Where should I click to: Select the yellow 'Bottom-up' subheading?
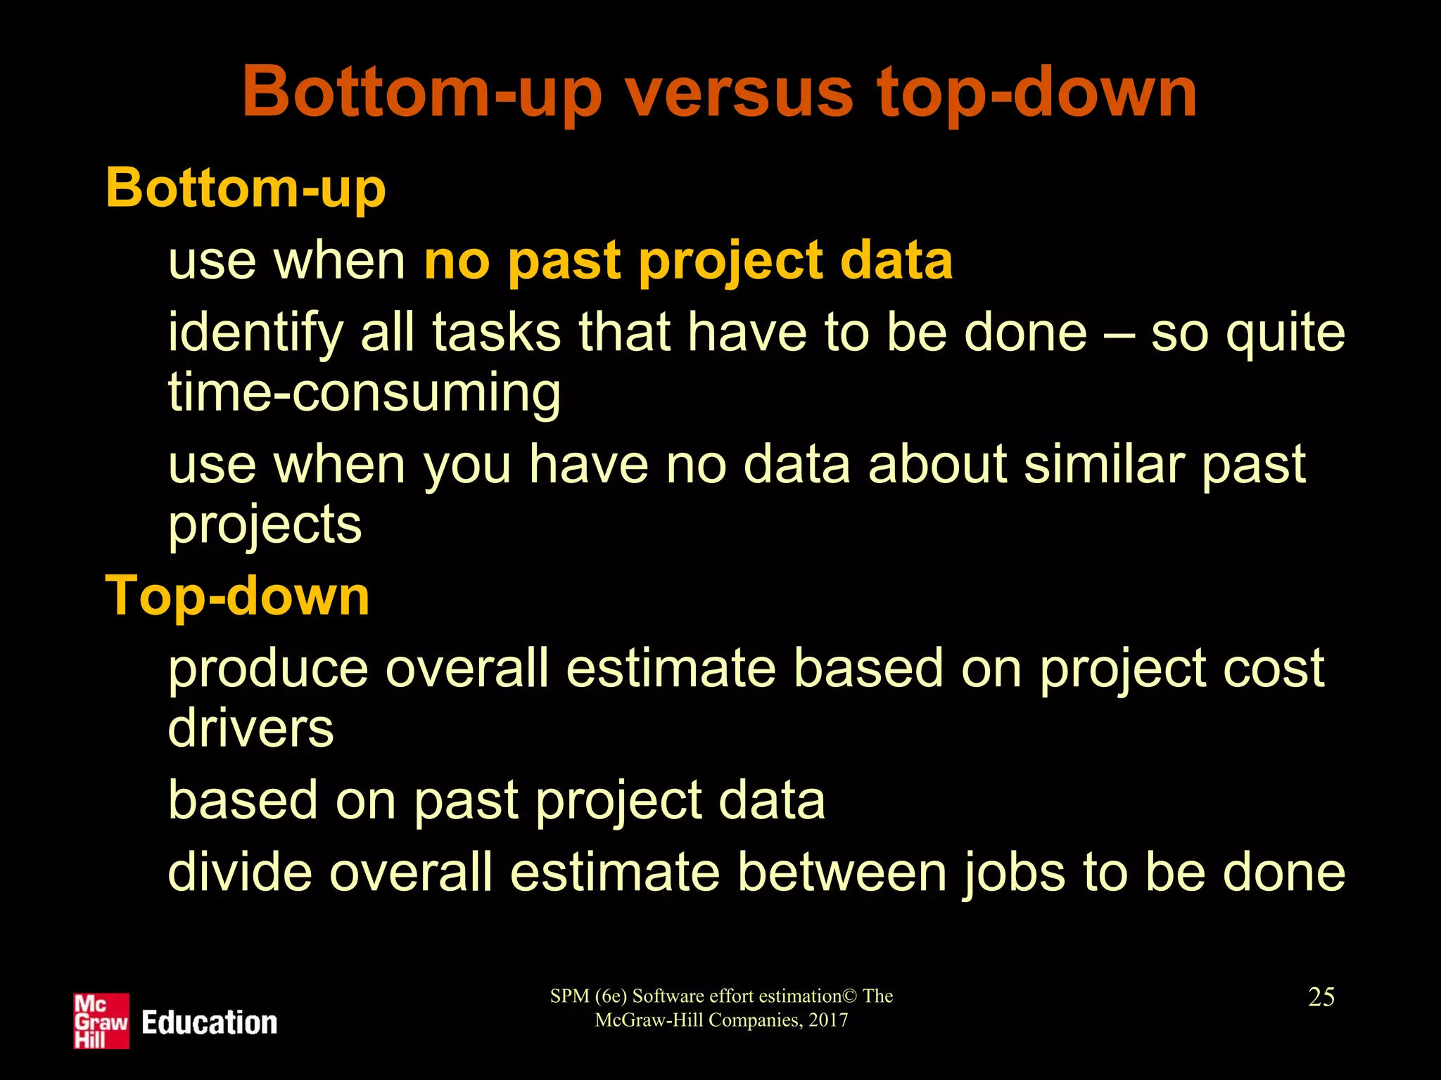[x=246, y=188]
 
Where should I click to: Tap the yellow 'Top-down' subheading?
[x=237, y=596]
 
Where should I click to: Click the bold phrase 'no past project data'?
[x=688, y=260]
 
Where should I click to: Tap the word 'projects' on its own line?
[x=265, y=525]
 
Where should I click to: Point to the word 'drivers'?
[x=250, y=728]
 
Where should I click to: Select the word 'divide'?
[x=240, y=872]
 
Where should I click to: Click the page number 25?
[x=1321, y=997]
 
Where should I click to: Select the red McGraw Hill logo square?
[x=101, y=1021]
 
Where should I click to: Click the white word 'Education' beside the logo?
[x=209, y=1022]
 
